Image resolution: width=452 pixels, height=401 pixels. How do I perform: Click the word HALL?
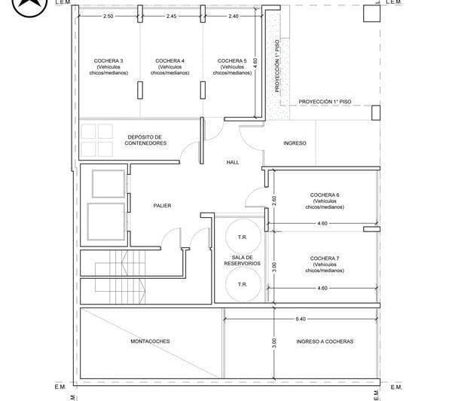pyautogui.click(x=233, y=162)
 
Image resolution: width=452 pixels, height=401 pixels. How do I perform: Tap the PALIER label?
pyautogui.click(x=162, y=206)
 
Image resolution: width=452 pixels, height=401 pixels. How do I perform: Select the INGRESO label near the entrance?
pyautogui.click(x=295, y=143)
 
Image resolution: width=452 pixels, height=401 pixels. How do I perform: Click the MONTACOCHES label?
pyautogui.click(x=150, y=341)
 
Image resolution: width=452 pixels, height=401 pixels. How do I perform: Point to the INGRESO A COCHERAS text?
pyautogui.click(x=325, y=341)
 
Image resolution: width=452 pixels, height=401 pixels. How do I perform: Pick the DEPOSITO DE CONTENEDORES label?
pyautogui.click(x=145, y=140)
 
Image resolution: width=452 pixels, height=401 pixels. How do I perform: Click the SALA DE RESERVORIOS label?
pyautogui.click(x=242, y=260)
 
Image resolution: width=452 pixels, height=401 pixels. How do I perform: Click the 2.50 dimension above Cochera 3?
pyautogui.click(x=108, y=16)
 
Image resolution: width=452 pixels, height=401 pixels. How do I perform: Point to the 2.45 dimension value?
pyautogui.click(x=171, y=16)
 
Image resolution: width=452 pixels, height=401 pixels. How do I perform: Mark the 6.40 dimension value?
pyautogui.click(x=301, y=319)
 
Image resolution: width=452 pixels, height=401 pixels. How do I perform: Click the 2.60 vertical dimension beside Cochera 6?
pyautogui.click(x=274, y=200)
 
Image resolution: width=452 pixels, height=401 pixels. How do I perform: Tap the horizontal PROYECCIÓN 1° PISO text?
pyautogui.click(x=325, y=102)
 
